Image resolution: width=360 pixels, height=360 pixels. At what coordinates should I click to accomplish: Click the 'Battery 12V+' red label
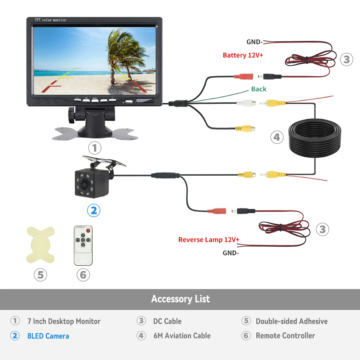[x=243, y=55]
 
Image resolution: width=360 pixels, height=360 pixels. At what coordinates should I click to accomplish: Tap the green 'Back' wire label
[x=259, y=89]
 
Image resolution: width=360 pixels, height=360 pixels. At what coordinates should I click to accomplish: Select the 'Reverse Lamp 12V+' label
[x=209, y=240]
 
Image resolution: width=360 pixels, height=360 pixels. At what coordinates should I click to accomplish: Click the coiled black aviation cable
[x=315, y=138]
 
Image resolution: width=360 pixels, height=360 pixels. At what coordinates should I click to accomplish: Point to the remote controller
[x=83, y=246]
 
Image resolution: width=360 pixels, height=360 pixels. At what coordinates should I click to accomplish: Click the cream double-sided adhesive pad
[x=41, y=245]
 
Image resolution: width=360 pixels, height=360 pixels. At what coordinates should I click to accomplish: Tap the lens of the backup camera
[x=83, y=184]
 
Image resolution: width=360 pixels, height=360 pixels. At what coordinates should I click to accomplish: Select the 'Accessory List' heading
[x=180, y=299]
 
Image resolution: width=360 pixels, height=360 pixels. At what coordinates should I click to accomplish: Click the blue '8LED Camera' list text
[x=48, y=336]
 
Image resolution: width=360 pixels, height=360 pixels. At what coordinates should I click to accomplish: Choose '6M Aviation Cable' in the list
[x=182, y=336]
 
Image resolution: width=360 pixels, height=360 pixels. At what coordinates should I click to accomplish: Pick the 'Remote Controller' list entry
[x=285, y=336]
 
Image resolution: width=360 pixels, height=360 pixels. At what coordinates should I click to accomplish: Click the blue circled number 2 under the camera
[x=94, y=210]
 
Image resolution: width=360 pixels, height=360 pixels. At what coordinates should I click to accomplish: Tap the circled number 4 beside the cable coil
[x=277, y=137]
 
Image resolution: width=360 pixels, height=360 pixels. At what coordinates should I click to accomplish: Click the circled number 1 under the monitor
[x=95, y=148]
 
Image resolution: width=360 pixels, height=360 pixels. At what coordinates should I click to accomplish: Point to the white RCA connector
[x=246, y=103]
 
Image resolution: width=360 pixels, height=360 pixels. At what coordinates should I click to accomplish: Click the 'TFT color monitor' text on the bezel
[x=50, y=20]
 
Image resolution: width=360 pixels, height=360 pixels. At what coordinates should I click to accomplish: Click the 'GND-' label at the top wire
[x=255, y=42]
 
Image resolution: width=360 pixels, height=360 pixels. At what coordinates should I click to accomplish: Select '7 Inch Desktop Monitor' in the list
[x=64, y=321]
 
